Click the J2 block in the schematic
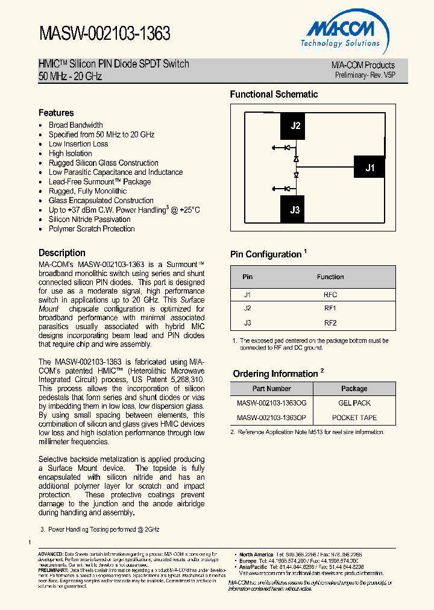coord(295,126)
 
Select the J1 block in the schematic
coord(370,168)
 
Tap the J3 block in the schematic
coord(295,210)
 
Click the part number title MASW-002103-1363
coord(105,34)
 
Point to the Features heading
coord(56,113)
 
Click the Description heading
coord(62,253)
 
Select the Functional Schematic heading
coord(274,94)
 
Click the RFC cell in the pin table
coord(330,295)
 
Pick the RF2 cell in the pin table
coord(330,322)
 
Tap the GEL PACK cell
coord(354,403)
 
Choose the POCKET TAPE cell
coord(354,417)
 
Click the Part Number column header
coord(271,389)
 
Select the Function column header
coord(330,277)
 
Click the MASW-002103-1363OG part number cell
coord(271,403)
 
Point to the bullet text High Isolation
coord(71,153)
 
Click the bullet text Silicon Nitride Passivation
coord(89,219)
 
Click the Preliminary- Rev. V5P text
coord(365,75)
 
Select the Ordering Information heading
coord(275,374)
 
